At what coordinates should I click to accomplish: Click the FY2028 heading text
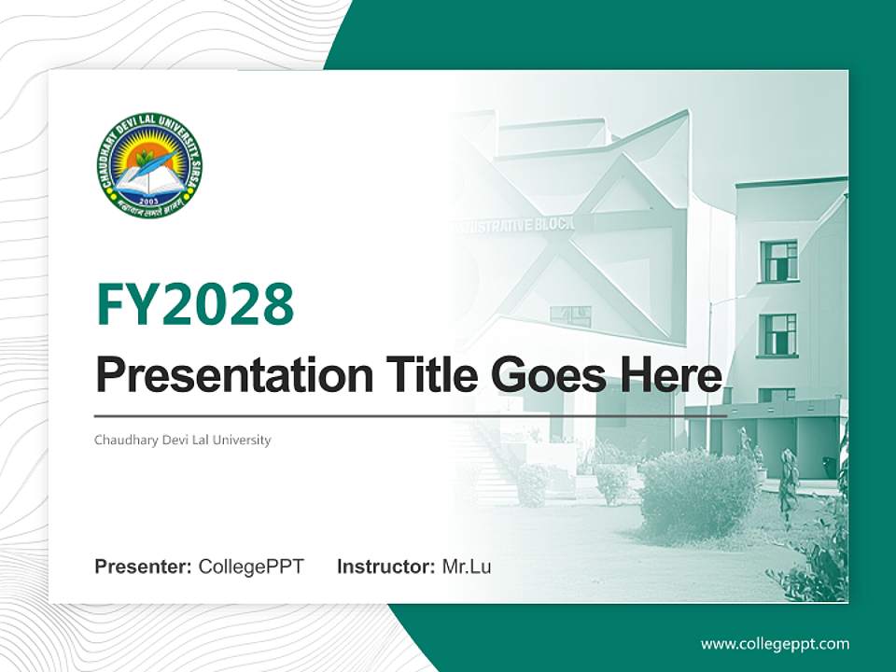(195, 304)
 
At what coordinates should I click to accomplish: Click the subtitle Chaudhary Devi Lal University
(183, 440)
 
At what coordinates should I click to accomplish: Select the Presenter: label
(144, 567)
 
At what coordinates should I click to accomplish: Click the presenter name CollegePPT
(251, 567)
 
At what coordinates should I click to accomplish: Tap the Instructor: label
(386, 567)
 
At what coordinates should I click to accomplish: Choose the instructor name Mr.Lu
(467, 567)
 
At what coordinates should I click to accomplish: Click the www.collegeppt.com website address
(775, 644)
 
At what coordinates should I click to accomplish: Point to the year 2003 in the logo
(149, 199)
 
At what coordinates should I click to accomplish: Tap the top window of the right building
(778, 260)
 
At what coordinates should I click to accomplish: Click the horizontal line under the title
(411, 416)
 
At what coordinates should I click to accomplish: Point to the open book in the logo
(149, 181)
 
